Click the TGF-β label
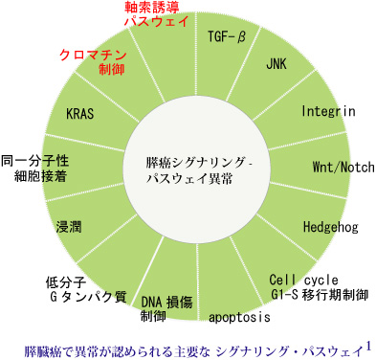pyautogui.click(x=227, y=36)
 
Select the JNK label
pyautogui.click(x=276, y=64)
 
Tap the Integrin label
pyautogui.click(x=328, y=111)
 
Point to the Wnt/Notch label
pyautogui.click(x=343, y=167)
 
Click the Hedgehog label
pyautogui.click(x=331, y=227)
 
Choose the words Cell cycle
pyautogui.click(x=303, y=280)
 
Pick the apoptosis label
pyautogui.click(x=239, y=317)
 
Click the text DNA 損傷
pyautogui.click(x=166, y=302)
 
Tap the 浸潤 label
pyautogui.click(x=69, y=227)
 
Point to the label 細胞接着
pyautogui.click(x=40, y=176)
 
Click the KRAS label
pyautogui.click(x=80, y=114)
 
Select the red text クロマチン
pyautogui.click(x=93, y=55)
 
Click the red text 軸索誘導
pyautogui.click(x=152, y=7)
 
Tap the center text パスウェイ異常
pyautogui.click(x=189, y=179)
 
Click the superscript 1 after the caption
pyautogui.click(x=368, y=346)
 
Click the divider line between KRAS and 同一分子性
pyautogui.click(x=83, y=143)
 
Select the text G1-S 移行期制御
pyautogui.click(x=320, y=294)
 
